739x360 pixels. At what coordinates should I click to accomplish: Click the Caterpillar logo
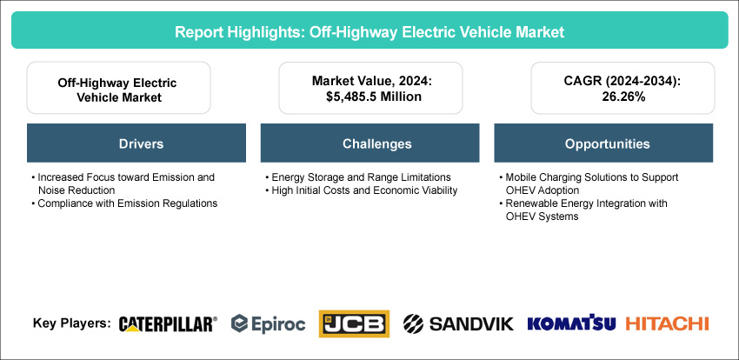pyautogui.click(x=168, y=324)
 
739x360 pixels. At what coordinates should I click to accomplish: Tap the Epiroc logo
pyautogui.click(x=268, y=323)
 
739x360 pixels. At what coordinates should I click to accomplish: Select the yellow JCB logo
pyautogui.click(x=354, y=323)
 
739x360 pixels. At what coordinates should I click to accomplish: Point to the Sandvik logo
pyautogui.click(x=458, y=323)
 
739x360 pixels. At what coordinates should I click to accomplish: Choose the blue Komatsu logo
pyautogui.click(x=571, y=323)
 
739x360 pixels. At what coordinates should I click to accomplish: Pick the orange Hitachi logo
pyautogui.click(x=668, y=323)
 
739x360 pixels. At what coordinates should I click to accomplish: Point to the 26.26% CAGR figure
pyautogui.click(x=622, y=97)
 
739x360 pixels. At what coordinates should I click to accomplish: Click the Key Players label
pyautogui.click(x=72, y=323)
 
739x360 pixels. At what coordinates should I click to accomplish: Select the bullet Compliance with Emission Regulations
pyautogui.click(x=125, y=203)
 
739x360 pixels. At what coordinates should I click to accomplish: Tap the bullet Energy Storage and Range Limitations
pyautogui.click(x=359, y=177)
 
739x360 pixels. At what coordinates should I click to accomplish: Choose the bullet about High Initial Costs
pyautogui.click(x=361, y=190)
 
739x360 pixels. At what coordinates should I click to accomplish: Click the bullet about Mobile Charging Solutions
pyautogui.click(x=589, y=183)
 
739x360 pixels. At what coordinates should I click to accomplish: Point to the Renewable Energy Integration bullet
pyautogui.click(x=583, y=210)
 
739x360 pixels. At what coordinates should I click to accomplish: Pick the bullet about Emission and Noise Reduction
pyautogui.click(x=123, y=183)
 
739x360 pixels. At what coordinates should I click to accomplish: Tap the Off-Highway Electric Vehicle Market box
pyautogui.click(x=118, y=88)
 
